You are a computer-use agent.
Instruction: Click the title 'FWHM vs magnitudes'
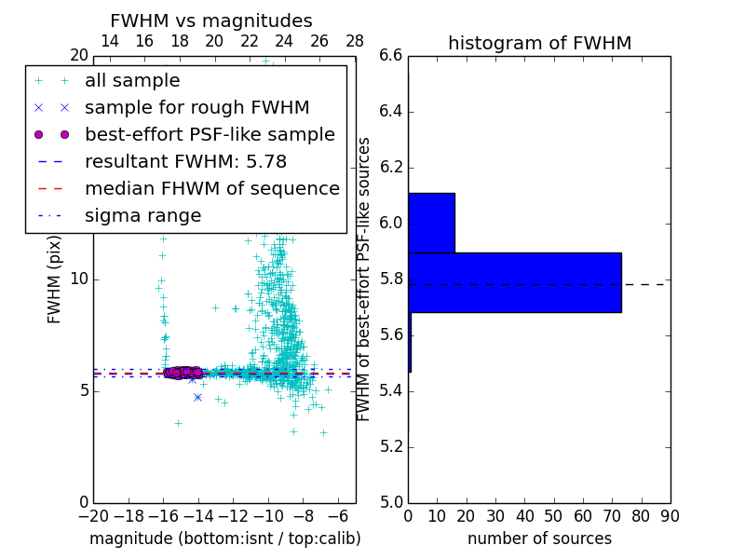[210, 20]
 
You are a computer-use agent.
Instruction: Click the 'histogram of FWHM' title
[539, 43]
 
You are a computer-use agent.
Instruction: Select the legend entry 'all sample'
[132, 81]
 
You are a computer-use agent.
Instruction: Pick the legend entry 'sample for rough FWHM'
[196, 108]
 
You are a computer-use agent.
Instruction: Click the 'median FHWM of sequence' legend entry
[211, 188]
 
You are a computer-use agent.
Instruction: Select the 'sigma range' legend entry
[142, 215]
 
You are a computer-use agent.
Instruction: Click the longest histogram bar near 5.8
[515, 282]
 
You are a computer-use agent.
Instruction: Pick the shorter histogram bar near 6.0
[431, 223]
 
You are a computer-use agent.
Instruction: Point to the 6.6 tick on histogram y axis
[390, 56]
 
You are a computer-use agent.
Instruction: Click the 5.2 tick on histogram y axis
[390, 446]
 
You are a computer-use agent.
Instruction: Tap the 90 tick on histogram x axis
[670, 516]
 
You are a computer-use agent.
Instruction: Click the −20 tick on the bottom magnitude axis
[93, 516]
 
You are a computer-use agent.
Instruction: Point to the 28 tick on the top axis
[355, 41]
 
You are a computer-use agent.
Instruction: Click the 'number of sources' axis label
[539, 539]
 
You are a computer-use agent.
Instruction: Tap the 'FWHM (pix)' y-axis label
[55, 279]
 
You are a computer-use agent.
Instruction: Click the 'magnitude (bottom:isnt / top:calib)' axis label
[224, 539]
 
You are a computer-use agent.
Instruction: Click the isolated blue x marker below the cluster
[197, 397]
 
